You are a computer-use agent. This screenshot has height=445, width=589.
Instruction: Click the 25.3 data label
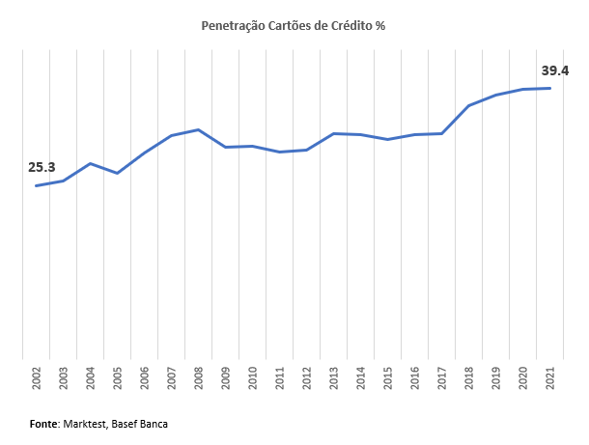click(42, 167)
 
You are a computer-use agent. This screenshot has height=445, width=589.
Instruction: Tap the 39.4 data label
click(554, 70)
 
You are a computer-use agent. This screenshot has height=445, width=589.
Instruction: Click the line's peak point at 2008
click(198, 129)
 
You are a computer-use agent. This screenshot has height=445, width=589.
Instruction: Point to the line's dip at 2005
click(117, 173)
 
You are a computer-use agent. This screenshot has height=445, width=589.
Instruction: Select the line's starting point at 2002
click(36, 185)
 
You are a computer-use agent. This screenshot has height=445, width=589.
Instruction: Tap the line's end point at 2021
click(549, 88)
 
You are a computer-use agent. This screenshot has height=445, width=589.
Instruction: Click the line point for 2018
click(468, 105)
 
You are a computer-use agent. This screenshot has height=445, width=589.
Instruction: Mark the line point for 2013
click(333, 133)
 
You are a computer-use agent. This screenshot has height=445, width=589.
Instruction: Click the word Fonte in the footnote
click(43, 424)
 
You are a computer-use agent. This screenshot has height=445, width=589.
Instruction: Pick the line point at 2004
click(90, 163)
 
